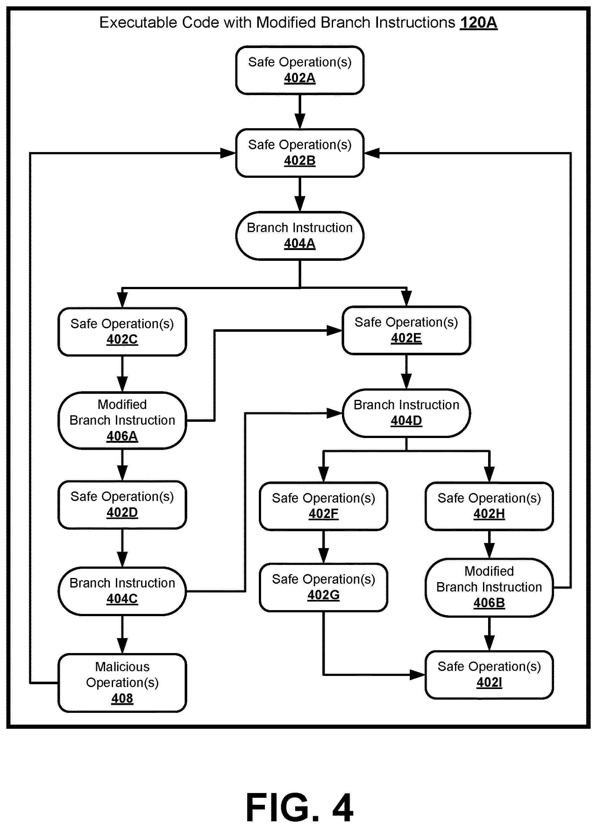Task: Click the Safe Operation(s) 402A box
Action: click(300, 70)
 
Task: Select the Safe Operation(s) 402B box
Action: click(300, 153)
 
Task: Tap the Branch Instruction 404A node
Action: click(300, 236)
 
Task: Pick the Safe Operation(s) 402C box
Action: click(122, 331)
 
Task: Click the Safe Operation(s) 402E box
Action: click(406, 330)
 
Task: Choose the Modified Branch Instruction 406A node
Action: click(122, 420)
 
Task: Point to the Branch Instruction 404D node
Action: click(406, 413)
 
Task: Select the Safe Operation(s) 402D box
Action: click(122, 504)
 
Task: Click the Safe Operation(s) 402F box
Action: click(323, 506)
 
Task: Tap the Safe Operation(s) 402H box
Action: click(489, 506)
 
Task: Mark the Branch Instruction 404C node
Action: click(122, 591)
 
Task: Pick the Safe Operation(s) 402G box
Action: click(323, 587)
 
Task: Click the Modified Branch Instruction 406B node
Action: click(489, 587)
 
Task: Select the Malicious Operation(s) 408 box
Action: click(122, 683)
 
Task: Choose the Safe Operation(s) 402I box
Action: click(489, 675)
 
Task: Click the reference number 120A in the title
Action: click(479, 23)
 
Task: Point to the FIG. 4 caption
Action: click(300, 807)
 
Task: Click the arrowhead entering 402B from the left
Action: click(228, 153)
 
